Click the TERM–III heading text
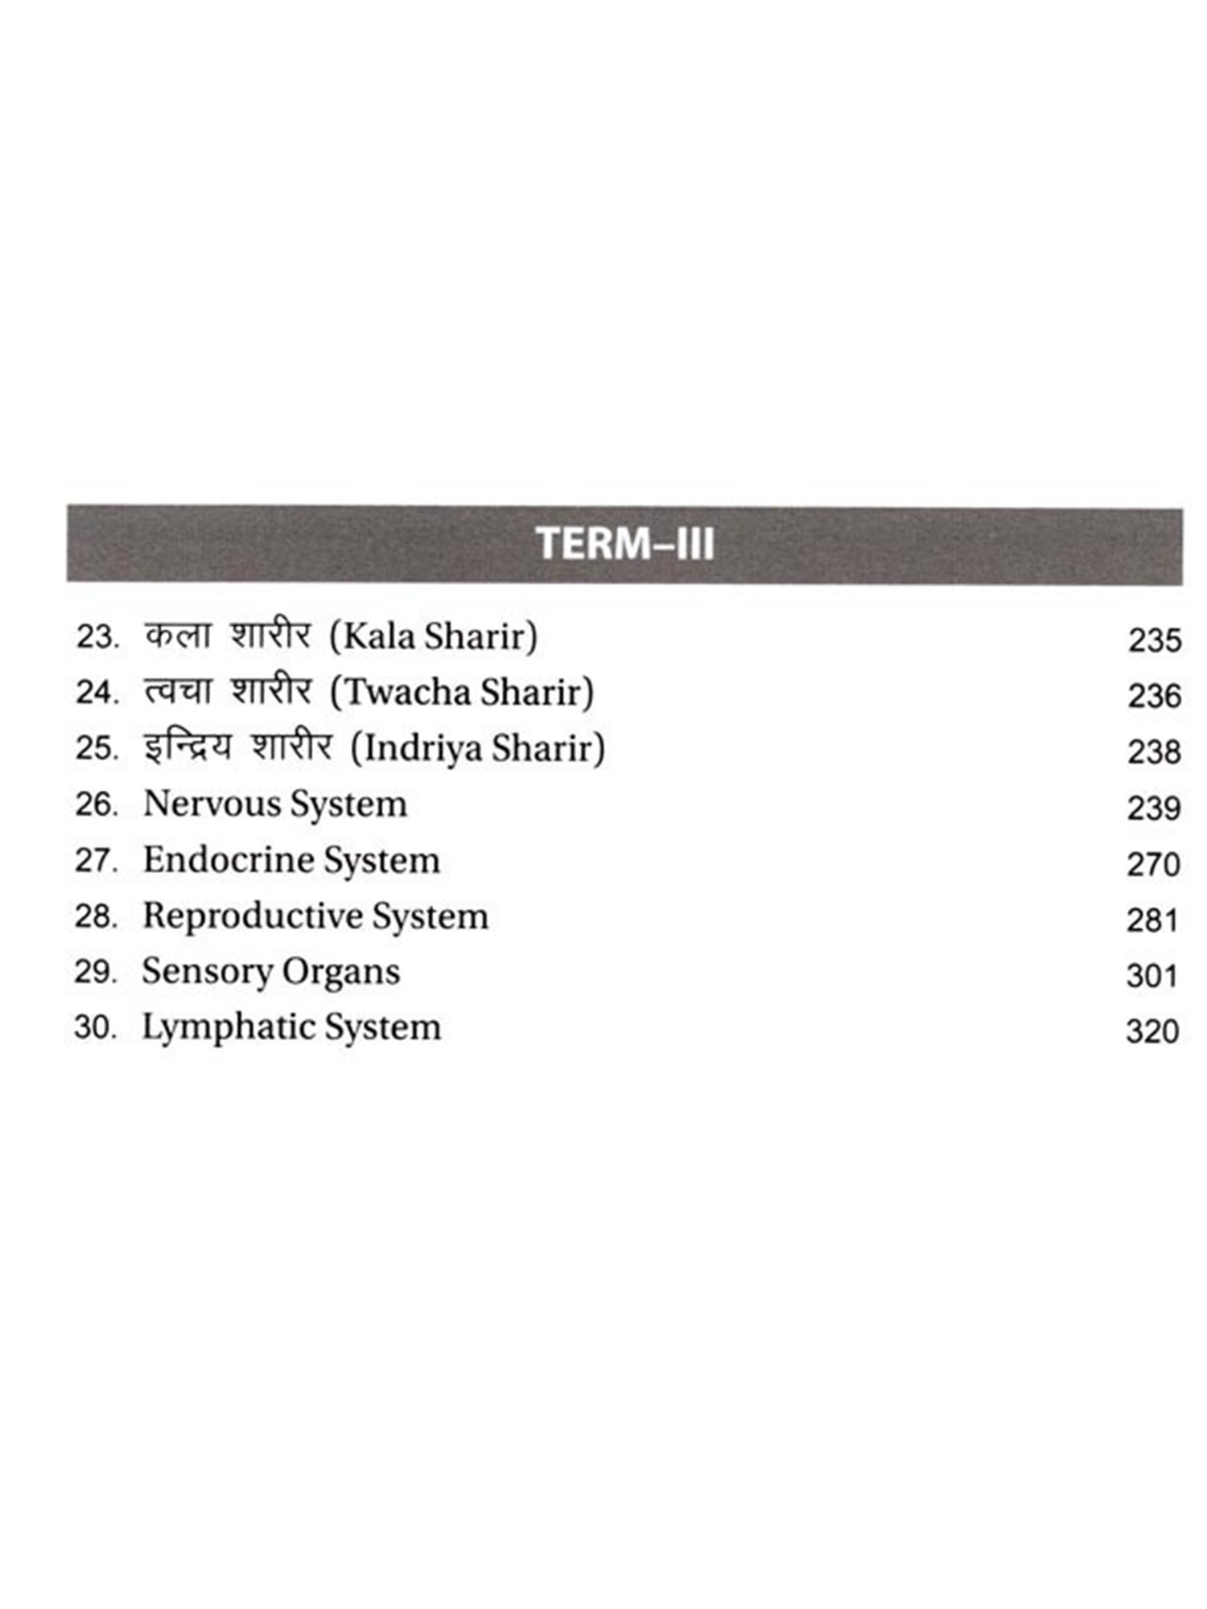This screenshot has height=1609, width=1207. pyautogui.click(x=624, y=543)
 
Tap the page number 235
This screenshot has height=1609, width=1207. pyautogui.click(x=1154, y=640)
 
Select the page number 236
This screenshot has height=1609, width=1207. pyautogui.click(x=1154, y=696)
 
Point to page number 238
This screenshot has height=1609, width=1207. pyautogui.click(x=1154, y=752)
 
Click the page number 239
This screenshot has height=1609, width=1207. pyautogui.click(x=1154, y=808)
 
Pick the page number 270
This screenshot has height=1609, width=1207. pyautogui.click(x=1153, y=864)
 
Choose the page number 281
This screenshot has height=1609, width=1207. pyautogui.click(x=1152, y=920)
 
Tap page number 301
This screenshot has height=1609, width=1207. pyautogui.click(x=1152, y=976)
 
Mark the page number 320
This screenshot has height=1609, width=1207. pyautogui.click(x=1152, y=1031)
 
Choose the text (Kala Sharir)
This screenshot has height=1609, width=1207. pyautogui.click(x=434, y=636)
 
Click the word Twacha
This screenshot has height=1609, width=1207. pyautogui.click(x=404, y=692)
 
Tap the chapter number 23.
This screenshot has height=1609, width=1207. pyautogui.click(x=97, y=637)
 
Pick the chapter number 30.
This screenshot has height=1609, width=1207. pyautogui.click(x=95, y=1027)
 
